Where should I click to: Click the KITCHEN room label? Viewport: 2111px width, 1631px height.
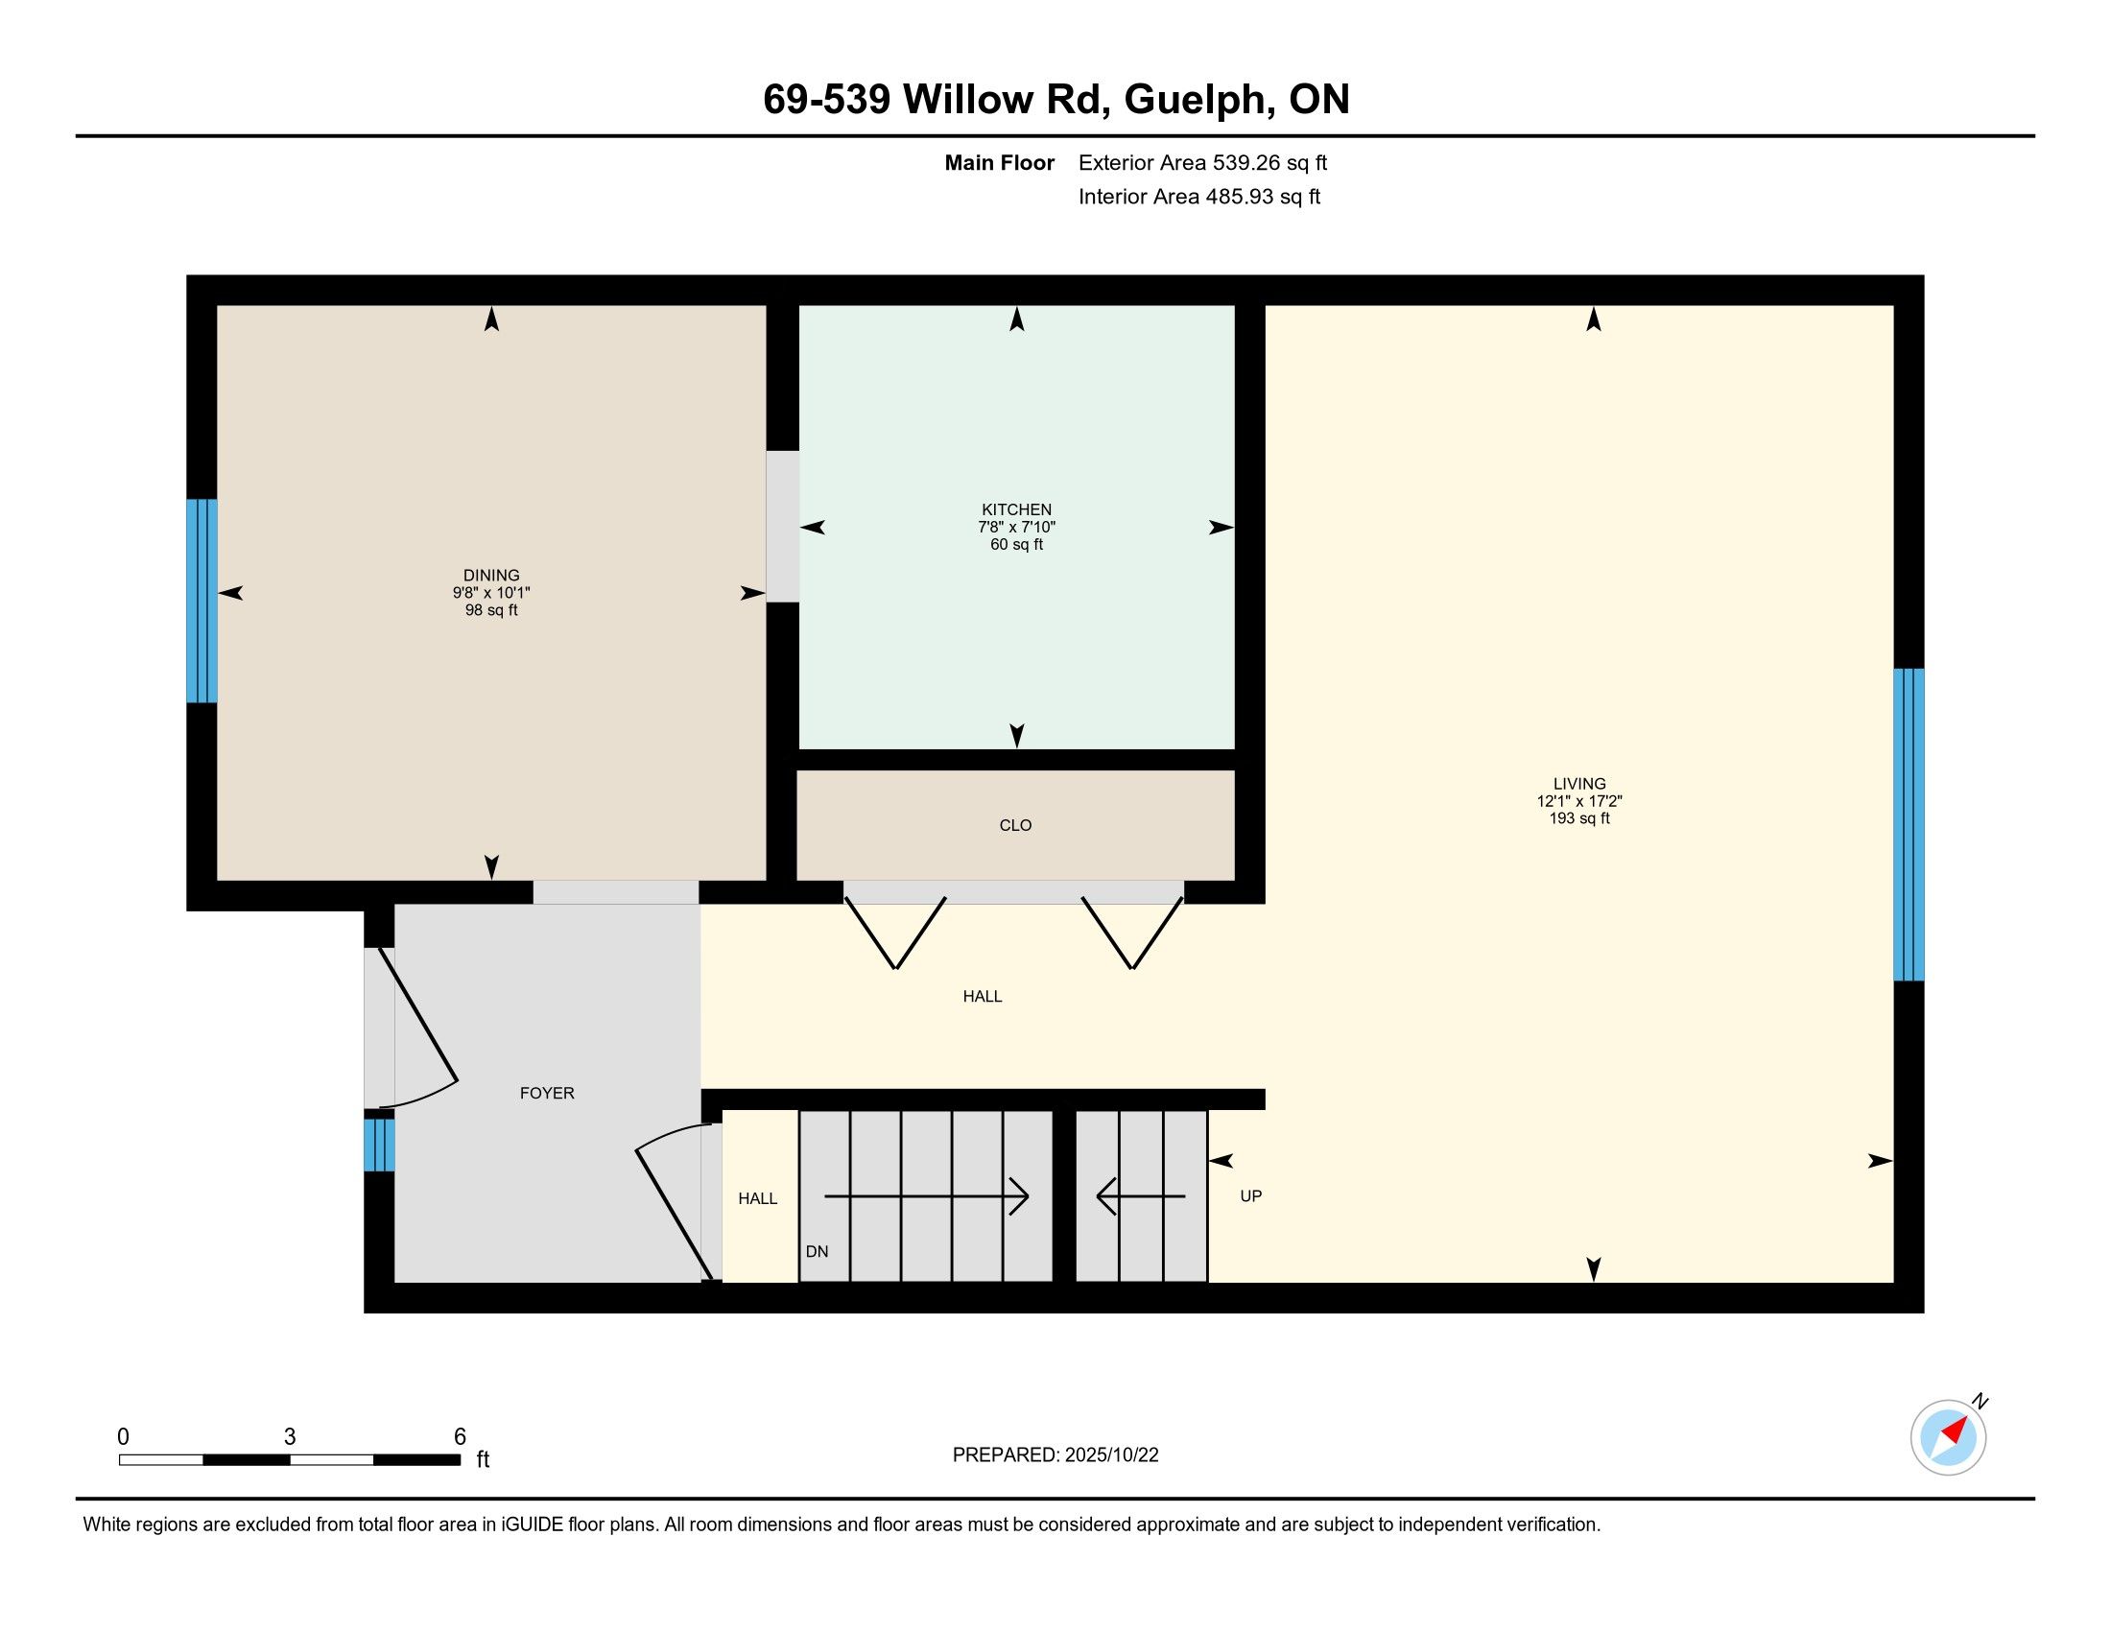click(x=1016, y=509)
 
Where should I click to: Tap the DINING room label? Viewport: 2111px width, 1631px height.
click(x=491, y=575)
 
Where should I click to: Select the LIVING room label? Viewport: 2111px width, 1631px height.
click(x=1579, y=784)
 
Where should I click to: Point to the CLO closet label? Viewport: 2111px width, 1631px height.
click(x=1015, y=825)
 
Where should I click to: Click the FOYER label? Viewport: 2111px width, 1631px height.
click(x=547, y=1093)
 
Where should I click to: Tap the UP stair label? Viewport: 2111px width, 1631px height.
click(x=1250, y=1195)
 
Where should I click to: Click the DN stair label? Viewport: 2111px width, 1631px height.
click(x=817, y=1251)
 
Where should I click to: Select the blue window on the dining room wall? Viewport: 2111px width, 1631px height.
click(x=202, y=600)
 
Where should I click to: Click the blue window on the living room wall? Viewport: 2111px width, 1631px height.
click(x=1908, y=824)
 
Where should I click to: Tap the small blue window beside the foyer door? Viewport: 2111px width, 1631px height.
click(x=379, y=1145)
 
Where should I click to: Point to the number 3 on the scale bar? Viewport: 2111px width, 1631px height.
click(x=289, y=1437)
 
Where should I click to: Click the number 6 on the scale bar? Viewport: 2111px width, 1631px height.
click(x=460, y=1436)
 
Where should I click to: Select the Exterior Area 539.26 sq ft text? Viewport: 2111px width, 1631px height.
click(x=1202, y=162)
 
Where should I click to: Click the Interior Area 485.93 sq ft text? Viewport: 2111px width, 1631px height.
click(x=1198, y=196)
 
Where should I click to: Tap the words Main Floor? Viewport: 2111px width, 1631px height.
click(x=999, y=162)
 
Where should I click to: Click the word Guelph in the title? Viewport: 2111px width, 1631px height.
click(x=1196, y=100)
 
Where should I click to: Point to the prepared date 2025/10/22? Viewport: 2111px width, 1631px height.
click(x=1111, y=1455)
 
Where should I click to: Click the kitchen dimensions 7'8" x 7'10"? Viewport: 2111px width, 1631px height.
click(x=1016, y=527)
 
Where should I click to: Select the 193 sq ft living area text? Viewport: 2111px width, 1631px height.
click(x=1579, y=818)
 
